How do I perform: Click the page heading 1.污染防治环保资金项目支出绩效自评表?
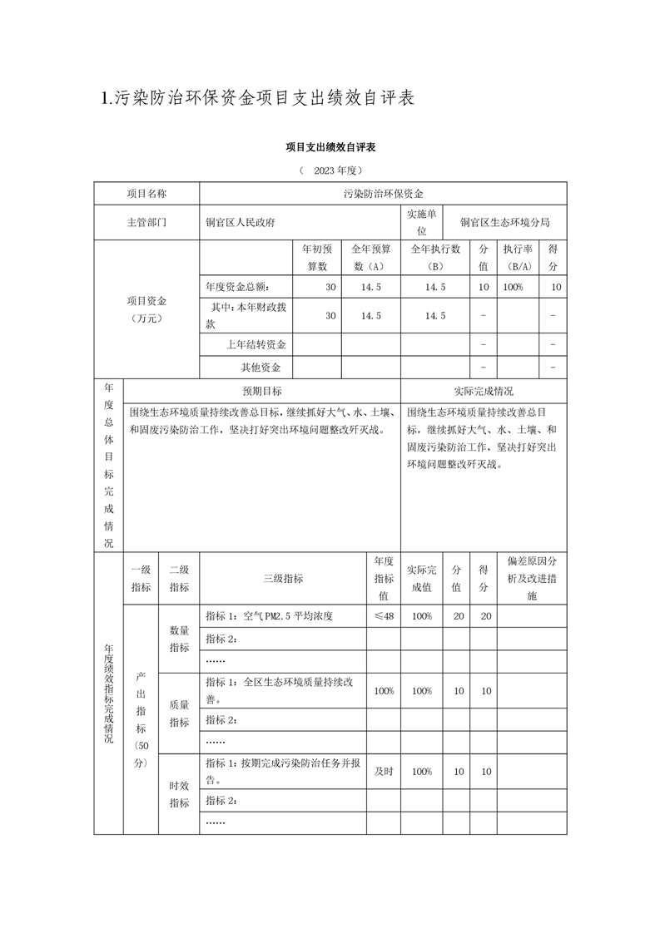click(257, 98)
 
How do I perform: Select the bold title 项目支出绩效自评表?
click(330, 147)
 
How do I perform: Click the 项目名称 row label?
click(146, 193)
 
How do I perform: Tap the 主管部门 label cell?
click(146, 223)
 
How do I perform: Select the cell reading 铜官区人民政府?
click(241, 223)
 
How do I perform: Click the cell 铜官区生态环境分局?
click(505, 223)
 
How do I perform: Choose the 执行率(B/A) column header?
click(517, 258)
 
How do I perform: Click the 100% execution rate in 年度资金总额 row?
click(513, 287)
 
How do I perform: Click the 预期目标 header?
click(261, 391)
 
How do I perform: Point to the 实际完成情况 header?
click(484, 391)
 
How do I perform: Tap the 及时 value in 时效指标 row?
click(383, 771)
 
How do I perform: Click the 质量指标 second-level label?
click(179, 713)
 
